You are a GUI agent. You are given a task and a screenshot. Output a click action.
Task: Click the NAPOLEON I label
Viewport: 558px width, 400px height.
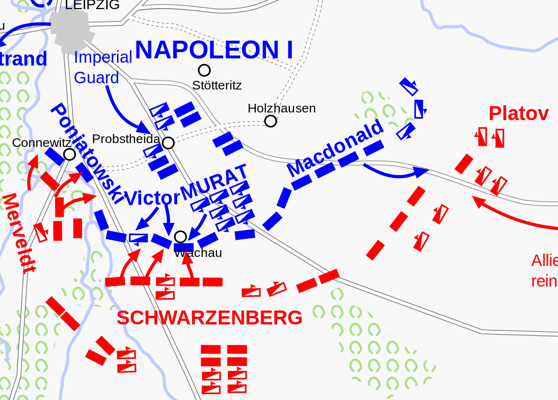pyautogui.click(x=214, y=50)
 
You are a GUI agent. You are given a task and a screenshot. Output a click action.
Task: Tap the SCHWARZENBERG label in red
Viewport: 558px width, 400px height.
pyautogui.click(x=209, y=318)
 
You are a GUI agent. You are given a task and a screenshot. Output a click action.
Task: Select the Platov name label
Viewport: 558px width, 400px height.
pyautogui.click(x=518, y=114)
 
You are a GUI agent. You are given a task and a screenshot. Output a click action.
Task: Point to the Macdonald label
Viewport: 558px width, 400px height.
pyautogui.click(x=336, y=147)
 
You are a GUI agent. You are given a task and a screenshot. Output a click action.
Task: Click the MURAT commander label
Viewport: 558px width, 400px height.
pyautogui.click(x=214, y=182)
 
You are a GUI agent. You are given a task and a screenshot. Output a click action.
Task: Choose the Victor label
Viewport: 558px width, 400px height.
pyautogui.click(x=152, y=198)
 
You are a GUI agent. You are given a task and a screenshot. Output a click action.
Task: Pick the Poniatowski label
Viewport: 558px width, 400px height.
pyautogui.click(x=87, y=153)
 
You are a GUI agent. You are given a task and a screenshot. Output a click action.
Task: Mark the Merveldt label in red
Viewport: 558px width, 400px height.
pyautogui.click(x=19, y=233)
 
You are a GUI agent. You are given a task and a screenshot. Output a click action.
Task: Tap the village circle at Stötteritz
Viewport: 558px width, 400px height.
pyautogui.click(x=205, y=70)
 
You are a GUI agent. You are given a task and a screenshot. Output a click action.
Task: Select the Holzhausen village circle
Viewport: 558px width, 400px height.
pyautogui.click(x=271, y=121)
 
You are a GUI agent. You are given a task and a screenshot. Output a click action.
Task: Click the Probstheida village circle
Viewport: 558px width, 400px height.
pyautogui.click(x=168, y=143)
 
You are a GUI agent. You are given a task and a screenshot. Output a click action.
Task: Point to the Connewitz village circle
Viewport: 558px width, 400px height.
pyautogui.click(x=69, y=154)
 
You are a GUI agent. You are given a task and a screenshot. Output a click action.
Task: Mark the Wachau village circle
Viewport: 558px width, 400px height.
pyautogui.click(x=181, y=236)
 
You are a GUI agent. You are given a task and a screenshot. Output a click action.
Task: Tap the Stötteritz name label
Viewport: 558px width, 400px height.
pyautogui.click(x=217, y=85)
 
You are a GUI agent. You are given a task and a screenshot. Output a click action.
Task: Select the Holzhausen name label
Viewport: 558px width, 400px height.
pyautogui.click(x=282, y=108)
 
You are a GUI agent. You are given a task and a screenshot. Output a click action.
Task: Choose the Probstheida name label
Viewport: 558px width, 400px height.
pyautogui.click(x=126, y=139)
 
